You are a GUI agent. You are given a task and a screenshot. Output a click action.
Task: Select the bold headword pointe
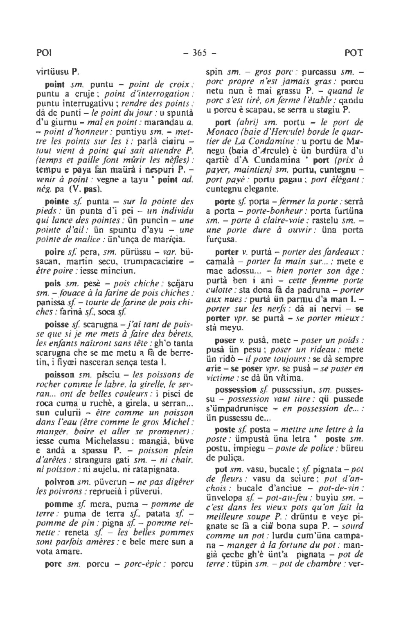click(56, 202)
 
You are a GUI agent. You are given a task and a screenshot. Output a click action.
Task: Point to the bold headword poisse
click(56, 325)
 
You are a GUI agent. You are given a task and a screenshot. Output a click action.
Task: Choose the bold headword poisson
click(59, 374)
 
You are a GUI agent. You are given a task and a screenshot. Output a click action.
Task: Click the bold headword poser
click(225, 341)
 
